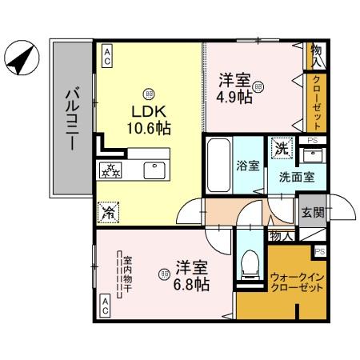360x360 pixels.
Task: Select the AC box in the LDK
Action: [x=106, y=54]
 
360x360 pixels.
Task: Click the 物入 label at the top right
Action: [x=317, y=54]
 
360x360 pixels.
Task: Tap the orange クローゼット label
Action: [x=317, y=103]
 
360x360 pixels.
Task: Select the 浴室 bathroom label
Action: [x=247, y=166]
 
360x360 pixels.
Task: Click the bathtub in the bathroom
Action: [x=218, y=166]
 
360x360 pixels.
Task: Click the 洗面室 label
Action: [x=296, y=178]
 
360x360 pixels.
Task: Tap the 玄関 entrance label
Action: [x=312, y=212]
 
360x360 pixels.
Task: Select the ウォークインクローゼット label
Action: [x=297, y=282]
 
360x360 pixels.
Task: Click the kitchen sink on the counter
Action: [x=152, y=170]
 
